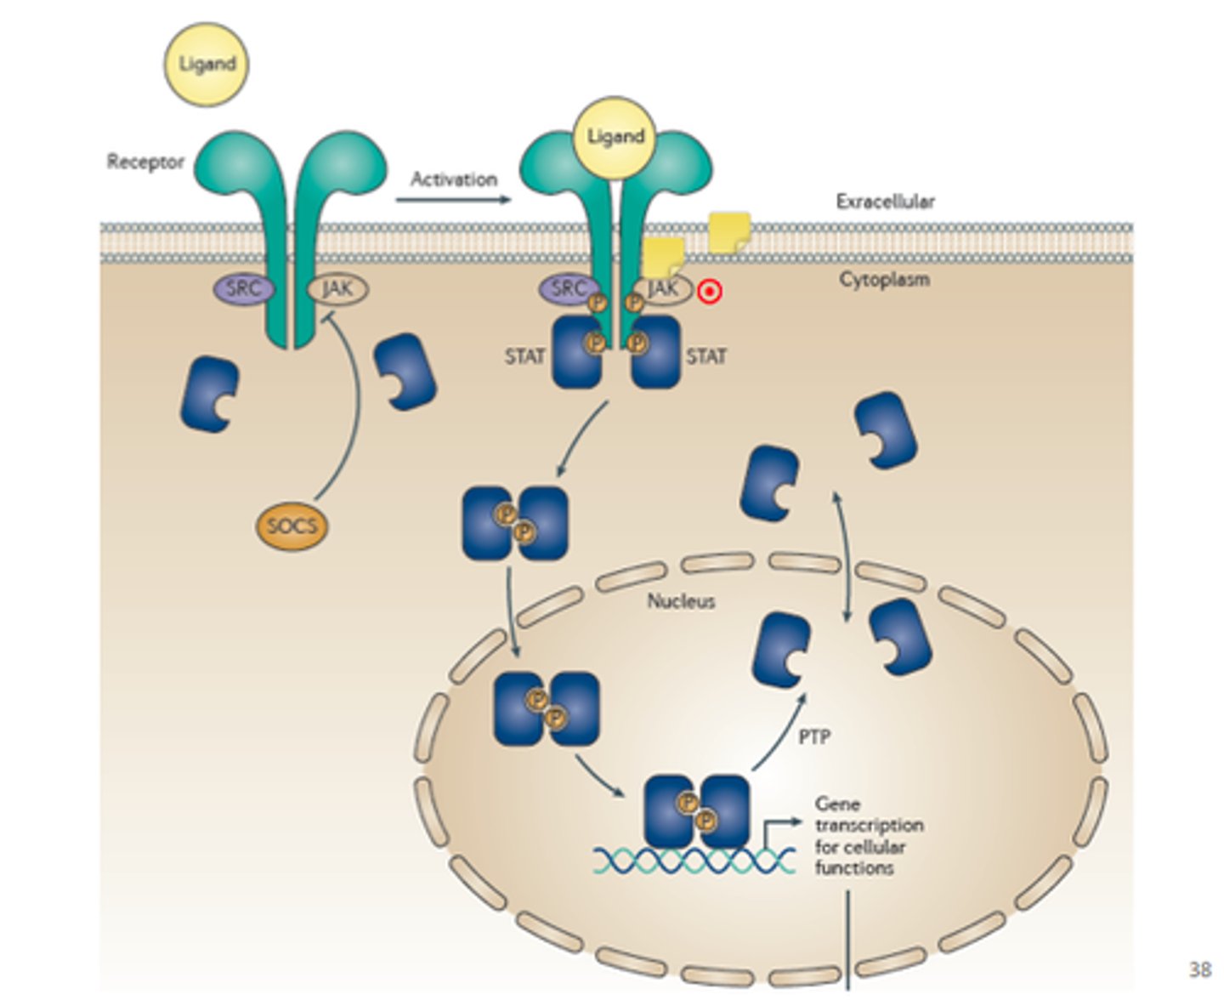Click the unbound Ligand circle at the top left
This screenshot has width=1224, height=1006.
pyautogui.click(x=207, y=65)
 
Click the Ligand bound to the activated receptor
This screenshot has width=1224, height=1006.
pyautogui.click(x=615, y=137)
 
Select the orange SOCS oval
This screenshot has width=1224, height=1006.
pyautogui.click(x=292, y=526)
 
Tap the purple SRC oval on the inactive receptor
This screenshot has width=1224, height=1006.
pyautogui.click(x=243, y=289)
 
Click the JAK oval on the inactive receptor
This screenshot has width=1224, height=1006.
pyautogui.click(x=337, y=289)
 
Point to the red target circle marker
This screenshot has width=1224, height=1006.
pyautogui.click(x=710, y=293)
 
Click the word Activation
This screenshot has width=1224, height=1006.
pyautogui.click(x=453, y=179)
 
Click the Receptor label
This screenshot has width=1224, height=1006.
pyautogui.click(x=145, y=162)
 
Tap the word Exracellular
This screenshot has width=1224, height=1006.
pyautogui.click(x=885, y=202)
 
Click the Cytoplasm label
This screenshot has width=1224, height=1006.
pyautogui.click(x=884, y=279)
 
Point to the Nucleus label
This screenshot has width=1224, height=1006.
pyautogui.click(x=681, y=601)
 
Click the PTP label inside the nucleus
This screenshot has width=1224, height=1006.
pyautogui.click(x=814, y=736)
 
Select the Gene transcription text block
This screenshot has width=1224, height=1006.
pyautogui.click(x=867, y=835)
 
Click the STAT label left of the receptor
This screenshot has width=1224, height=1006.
pyautogui.click(x=524, y=356)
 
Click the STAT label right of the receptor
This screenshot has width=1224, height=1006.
pyautogui.click(x=706, y=356)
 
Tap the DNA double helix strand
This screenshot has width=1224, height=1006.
pyautogui.click(x=693, y=861)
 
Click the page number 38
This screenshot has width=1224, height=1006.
pyautogui.click(x=1199, y=969)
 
